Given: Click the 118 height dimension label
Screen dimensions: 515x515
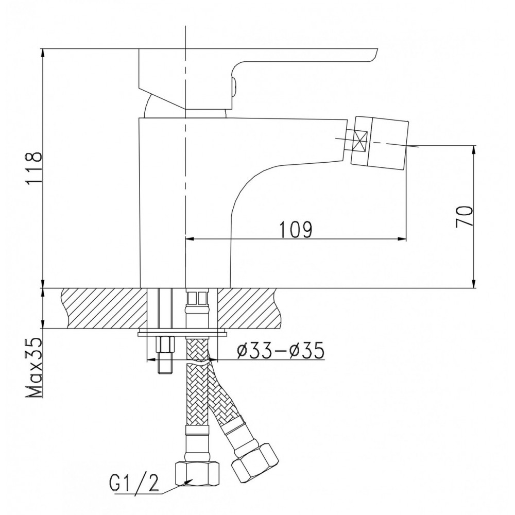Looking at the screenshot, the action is pyautogui.click(x=35, y=170).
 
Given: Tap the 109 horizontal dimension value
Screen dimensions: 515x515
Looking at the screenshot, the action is pyautogui.click(x=296, y=230).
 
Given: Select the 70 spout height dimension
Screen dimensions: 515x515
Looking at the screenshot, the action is pyautogui.click(x=464, y=216).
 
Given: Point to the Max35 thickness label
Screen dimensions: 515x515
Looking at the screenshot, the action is pyautogui.click(x=35, y=367).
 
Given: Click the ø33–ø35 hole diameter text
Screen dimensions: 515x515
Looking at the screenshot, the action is pyautogui.click(x=281, y=350).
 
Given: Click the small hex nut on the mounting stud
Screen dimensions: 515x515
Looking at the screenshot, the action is pyautogui.click(x=165, y=345).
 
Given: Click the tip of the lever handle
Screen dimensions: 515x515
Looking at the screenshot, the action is pyautogui.click(x=377, y=50).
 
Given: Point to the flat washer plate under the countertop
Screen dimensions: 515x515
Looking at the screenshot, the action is pyautogui.click(x=183, y=333).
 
